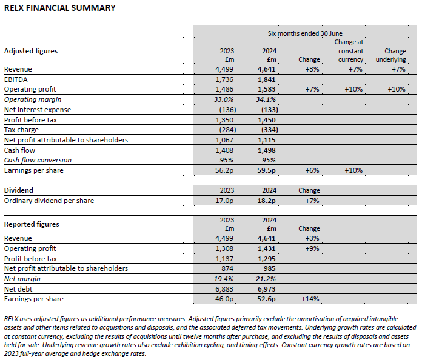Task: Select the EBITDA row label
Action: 16,79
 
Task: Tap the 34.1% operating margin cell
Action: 267,99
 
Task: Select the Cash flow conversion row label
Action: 38,160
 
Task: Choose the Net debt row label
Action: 19,288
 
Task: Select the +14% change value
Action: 309,299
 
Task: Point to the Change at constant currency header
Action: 350,51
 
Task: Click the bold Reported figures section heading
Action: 32,224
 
